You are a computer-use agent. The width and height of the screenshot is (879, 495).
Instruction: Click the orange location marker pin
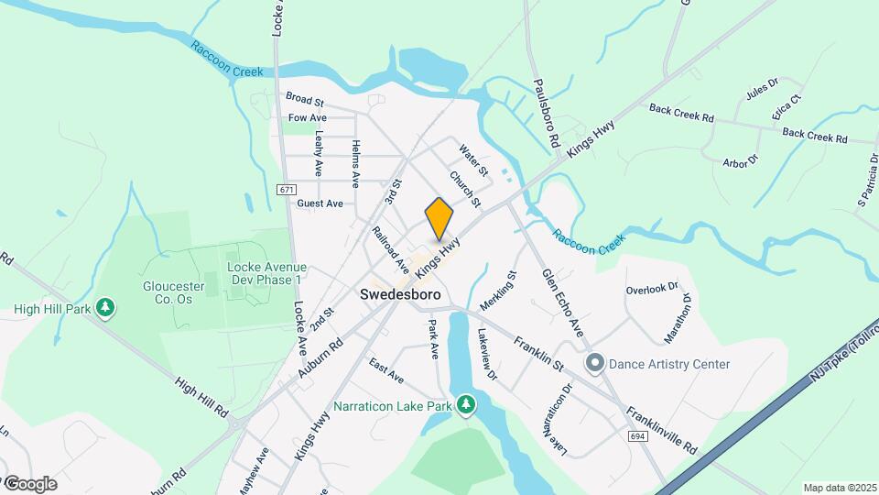pos(439,219)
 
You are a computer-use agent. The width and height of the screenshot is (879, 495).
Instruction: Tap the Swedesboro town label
pos(400,295)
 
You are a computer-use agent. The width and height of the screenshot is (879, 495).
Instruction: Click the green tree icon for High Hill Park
pos(106,307)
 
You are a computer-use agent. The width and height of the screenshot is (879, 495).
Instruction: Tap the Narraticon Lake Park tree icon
pos(467,404)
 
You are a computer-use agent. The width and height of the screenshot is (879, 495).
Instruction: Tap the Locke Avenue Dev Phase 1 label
pos(265,273)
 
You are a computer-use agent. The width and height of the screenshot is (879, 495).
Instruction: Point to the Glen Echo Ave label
pos(562,302)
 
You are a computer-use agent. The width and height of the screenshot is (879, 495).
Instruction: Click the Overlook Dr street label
pos(652,289)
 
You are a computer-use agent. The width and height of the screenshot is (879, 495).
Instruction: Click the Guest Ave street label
pos(320,203)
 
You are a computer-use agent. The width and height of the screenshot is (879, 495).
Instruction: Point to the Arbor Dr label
pos(741,160)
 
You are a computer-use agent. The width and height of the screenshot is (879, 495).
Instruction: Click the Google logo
pos(29,483)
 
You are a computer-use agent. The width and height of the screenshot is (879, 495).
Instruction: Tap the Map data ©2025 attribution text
pos(839,488)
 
